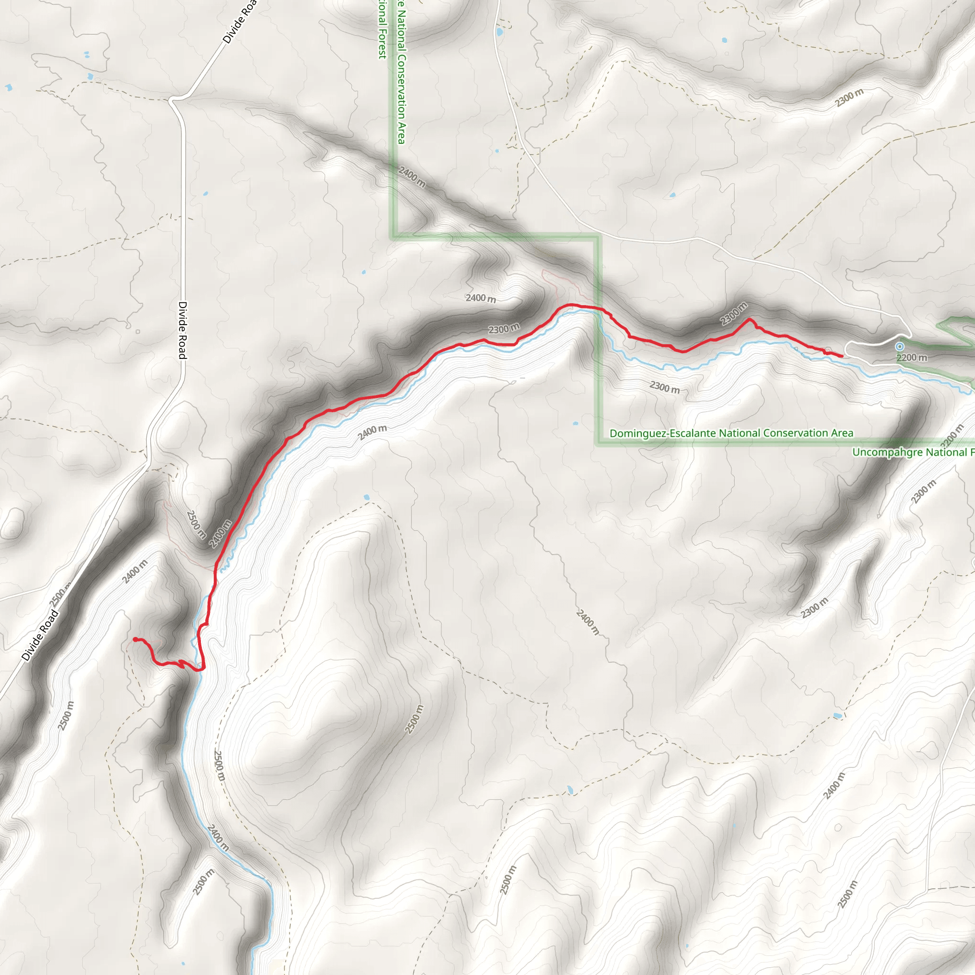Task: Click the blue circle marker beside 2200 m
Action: pyautogui.click(x=899, y=347)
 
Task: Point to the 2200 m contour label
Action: pyautogui.click(x=912, y=358)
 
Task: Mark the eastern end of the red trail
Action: pyautogui.click(x=842, y=357)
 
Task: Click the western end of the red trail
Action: pyautogui.click(x=135, y=639)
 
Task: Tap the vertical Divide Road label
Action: pyautogui.click(x=183, y=330)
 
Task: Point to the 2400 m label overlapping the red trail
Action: pyautogui.click(x=220, y=533)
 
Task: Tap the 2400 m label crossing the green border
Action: pyautogui.click(x=412, y=177)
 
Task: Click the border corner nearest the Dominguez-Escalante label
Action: pyautogui.click(x=599, y=444)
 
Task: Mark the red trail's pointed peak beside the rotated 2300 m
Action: pyautogui.click(x=750, y=319)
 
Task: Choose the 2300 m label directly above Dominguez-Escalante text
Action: pyautogui.click(x=664, y=388)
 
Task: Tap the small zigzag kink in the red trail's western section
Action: pyautogui.click(x=180, y=664)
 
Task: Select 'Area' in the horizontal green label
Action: pyautogui.click(x=839, y=434)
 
